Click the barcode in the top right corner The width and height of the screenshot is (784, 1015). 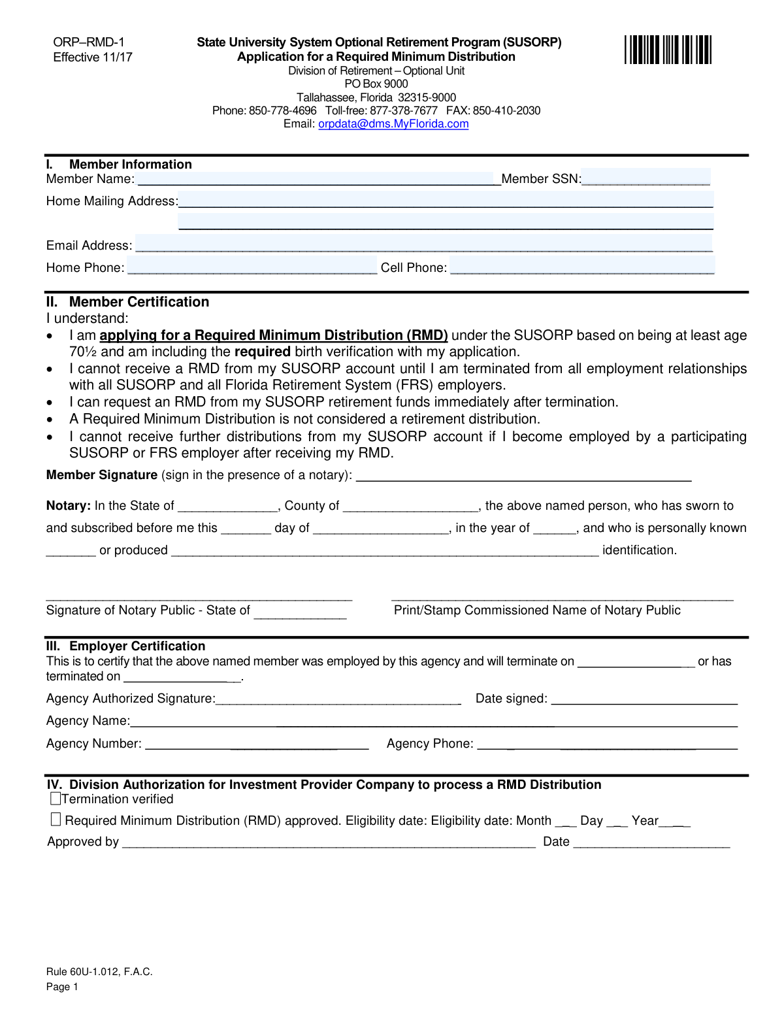coord(668,50)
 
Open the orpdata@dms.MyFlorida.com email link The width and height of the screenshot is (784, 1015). coord(393,124)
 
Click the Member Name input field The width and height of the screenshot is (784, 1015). coord(317,179)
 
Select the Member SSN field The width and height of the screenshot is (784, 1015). coord(645,178)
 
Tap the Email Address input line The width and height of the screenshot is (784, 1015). coord(423,244)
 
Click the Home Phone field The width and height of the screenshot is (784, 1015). coord(252,267)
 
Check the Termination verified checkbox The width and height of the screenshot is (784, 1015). coord(56,799)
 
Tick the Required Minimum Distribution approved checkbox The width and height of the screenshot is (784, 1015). coord(56,820)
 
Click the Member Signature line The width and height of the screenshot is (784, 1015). coord(523,475)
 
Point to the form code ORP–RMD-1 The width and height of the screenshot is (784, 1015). coord(89,42)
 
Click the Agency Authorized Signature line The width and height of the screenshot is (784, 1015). coord(338,698)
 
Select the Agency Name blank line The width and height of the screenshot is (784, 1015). coord(433,720)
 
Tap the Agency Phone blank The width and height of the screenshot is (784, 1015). coord(607,743)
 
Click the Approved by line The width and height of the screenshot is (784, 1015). coord(329,841)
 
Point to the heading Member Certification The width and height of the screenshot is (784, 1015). coord(139,302)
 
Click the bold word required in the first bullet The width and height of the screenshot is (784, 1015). coord(262,352)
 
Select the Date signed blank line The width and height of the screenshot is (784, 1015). coord(644,698)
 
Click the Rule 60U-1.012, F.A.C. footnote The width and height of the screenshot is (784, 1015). coord(99,972)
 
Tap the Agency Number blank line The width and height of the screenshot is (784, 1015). coord(257,743)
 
